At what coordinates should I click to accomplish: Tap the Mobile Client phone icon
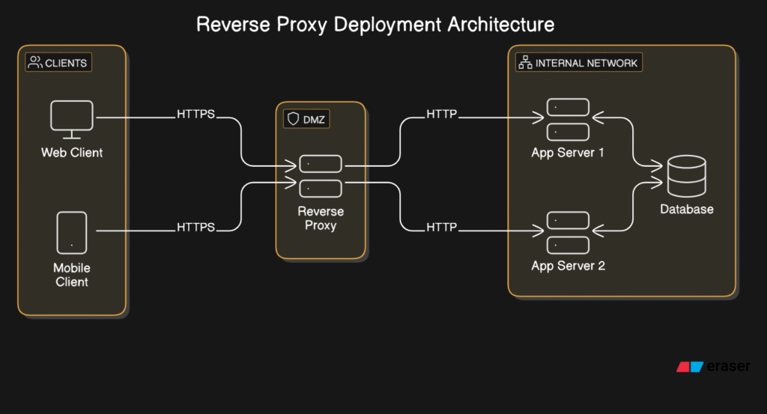[72, 233]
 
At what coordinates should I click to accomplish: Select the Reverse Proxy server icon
[321, 176]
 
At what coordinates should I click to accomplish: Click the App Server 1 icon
[568, 119]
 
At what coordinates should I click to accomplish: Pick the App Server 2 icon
[568, 233]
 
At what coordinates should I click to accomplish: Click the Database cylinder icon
[687, 176]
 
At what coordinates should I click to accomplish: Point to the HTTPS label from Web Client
[195, 114]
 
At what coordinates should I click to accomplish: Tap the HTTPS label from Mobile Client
[195, 228]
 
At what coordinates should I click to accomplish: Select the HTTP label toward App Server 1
[442, 114]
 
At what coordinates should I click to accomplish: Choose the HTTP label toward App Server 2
[442, 228]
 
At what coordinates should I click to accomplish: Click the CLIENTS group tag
[58, 63]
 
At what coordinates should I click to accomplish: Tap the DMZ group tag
[306, 119]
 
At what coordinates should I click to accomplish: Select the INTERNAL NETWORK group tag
[579, 63]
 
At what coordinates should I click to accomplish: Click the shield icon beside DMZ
[293, 119]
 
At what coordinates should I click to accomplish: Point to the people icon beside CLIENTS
[35, 62]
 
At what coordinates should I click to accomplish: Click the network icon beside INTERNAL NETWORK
[525, 63]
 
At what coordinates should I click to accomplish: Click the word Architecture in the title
[501, 25]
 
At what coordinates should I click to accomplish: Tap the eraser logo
[713, 366]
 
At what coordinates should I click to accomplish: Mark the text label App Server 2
[568, 266]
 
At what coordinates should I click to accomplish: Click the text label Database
[687, 209]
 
